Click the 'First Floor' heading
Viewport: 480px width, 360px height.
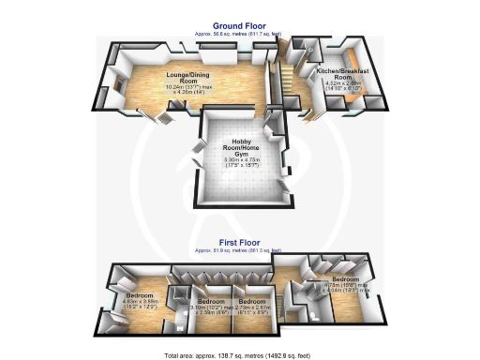[239, 243]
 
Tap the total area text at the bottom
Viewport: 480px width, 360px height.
[239, 355]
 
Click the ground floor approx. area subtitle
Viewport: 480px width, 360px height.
[239, 35]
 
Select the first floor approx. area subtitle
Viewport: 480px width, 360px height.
[239, 249]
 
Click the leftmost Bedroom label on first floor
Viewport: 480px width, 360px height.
[140, 295]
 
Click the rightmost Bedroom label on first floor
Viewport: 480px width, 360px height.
[346, 279]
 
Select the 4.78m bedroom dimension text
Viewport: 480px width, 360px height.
[346, 288]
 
